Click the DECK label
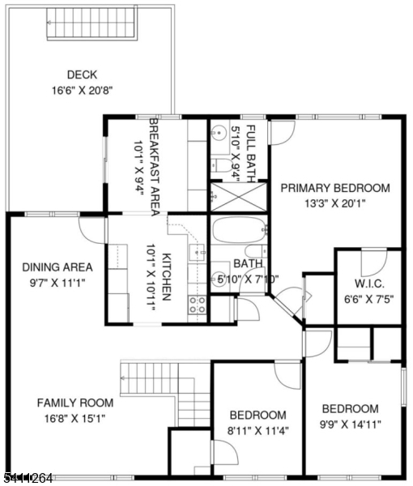coord(82,74)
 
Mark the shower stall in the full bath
coord(231,196)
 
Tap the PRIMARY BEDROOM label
coord(334,188)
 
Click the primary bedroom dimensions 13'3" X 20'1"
coord(334,203)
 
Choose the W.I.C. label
coord(368,285)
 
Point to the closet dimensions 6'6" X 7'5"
coord(368,301)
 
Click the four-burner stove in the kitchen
coord(197,305)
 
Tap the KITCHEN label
coord(166,278)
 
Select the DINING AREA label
coord(57,267)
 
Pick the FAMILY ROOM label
coord(74,403)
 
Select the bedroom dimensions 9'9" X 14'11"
coord(350,424)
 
